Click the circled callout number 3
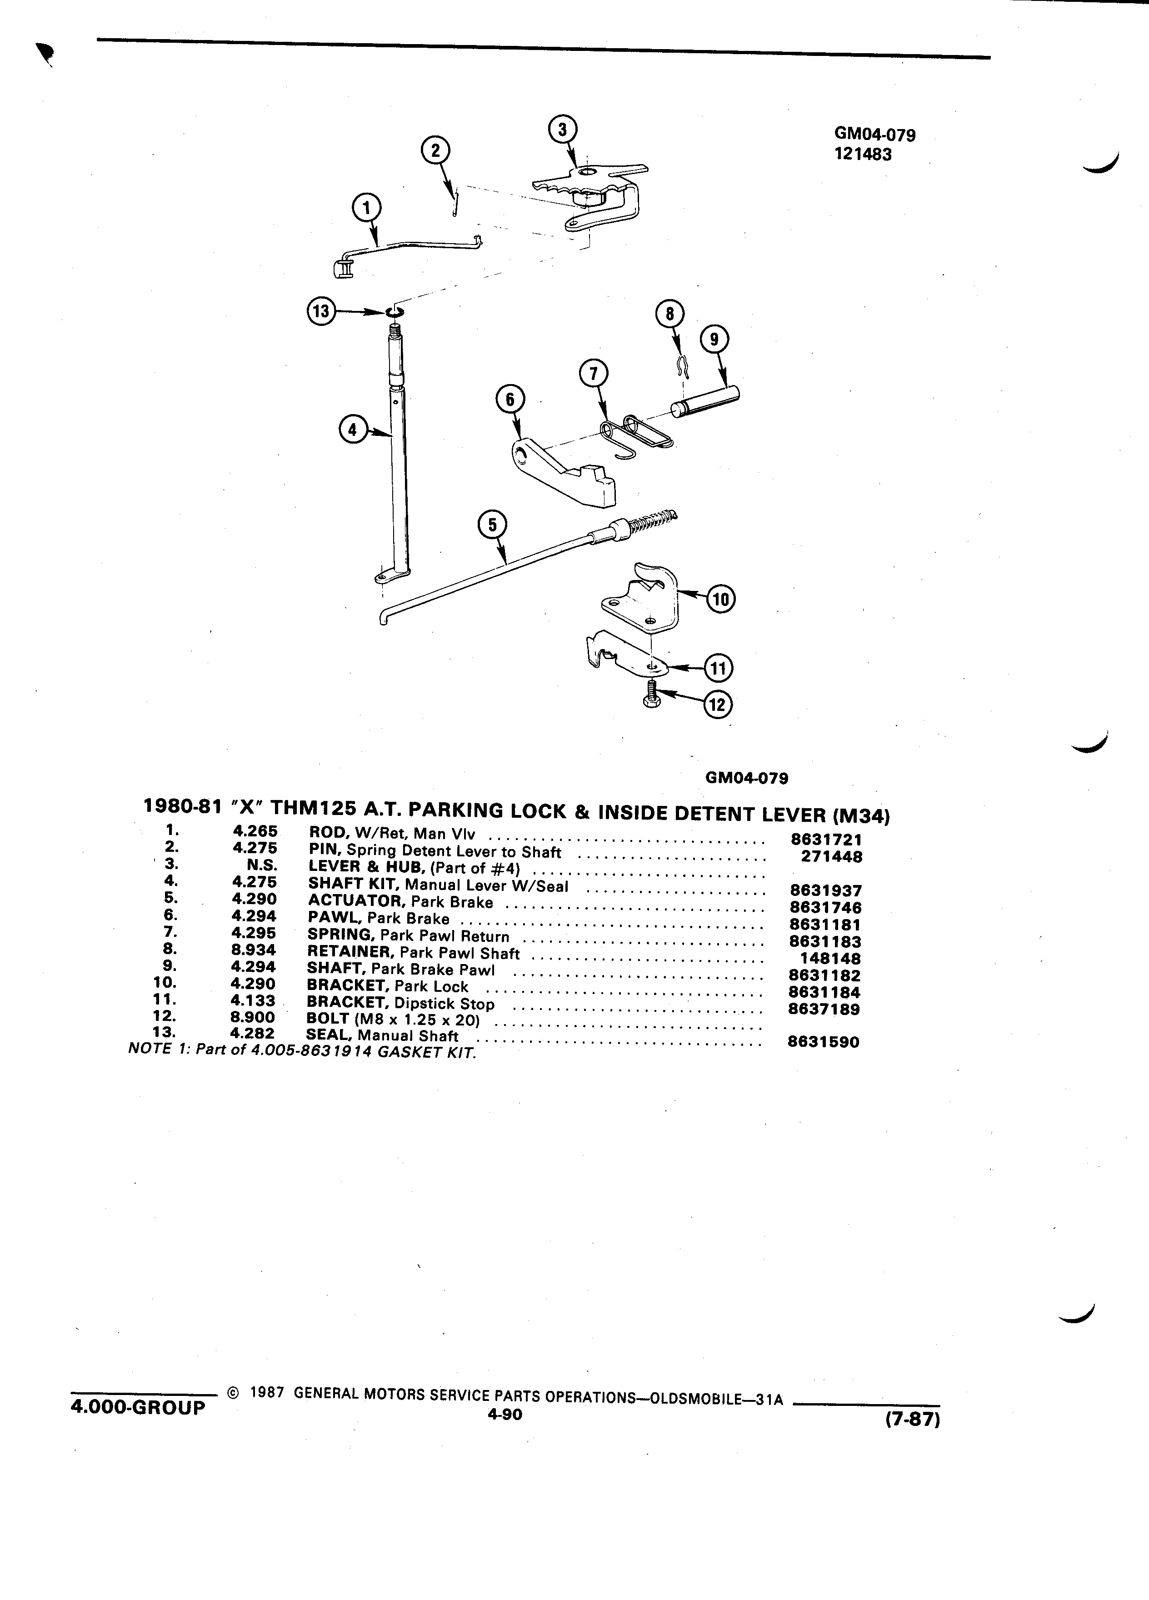point(562,130)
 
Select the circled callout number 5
point(492,524)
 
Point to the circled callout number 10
point(721,600)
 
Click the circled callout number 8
point(669,314)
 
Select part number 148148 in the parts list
point(830,959)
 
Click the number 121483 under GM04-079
point(863,155)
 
